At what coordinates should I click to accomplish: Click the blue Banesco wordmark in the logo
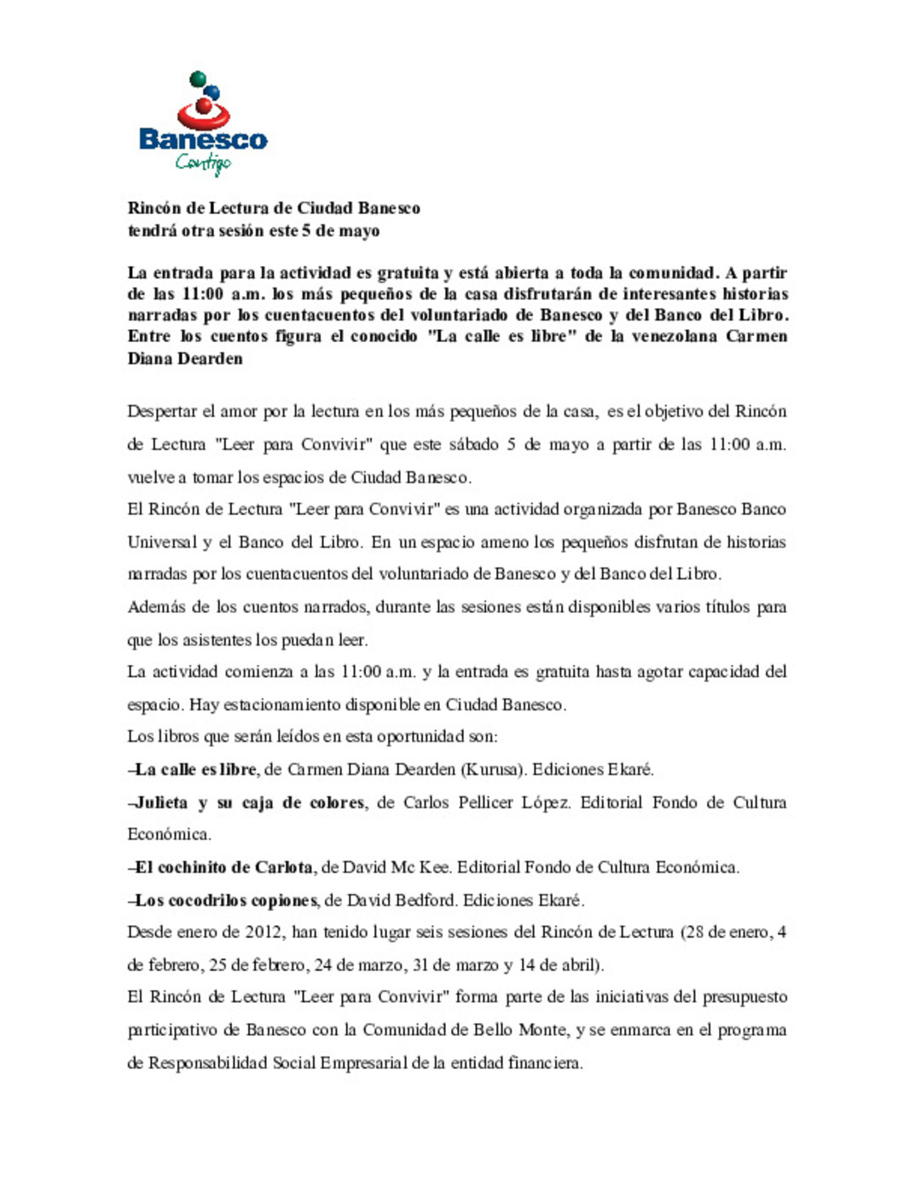(203, 139)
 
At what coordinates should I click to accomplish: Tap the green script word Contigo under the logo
(203, 162)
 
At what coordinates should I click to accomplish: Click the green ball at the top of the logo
(198, 79)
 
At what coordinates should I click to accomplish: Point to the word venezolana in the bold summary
(674, 336)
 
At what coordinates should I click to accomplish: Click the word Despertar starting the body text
(161, 412)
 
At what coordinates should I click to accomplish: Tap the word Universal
(162, 542)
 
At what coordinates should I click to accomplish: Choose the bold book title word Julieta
(161, 802)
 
